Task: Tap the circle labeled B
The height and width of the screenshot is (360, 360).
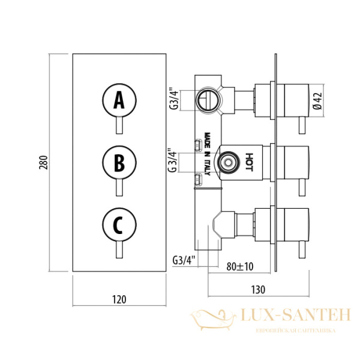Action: [119, 163]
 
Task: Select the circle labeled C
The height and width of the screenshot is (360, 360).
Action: [119, 226]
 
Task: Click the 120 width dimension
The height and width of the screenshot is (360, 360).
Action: [119, 299]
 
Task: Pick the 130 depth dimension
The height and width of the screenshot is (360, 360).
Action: [257, 289]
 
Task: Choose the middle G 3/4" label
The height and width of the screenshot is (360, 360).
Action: [172, 160]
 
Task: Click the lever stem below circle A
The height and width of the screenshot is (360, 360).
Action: [119, 127]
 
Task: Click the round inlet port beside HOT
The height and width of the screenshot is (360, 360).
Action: [227, 161]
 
